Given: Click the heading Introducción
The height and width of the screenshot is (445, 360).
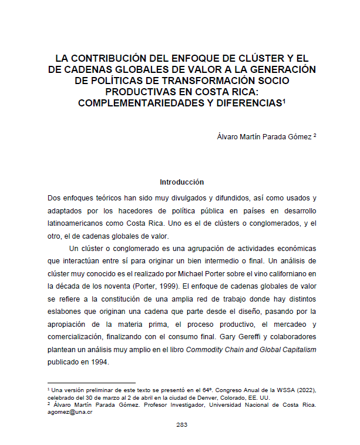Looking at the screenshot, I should click(x=181, y=182).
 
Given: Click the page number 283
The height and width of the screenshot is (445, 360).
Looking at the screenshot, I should click(x=181, y=424).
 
